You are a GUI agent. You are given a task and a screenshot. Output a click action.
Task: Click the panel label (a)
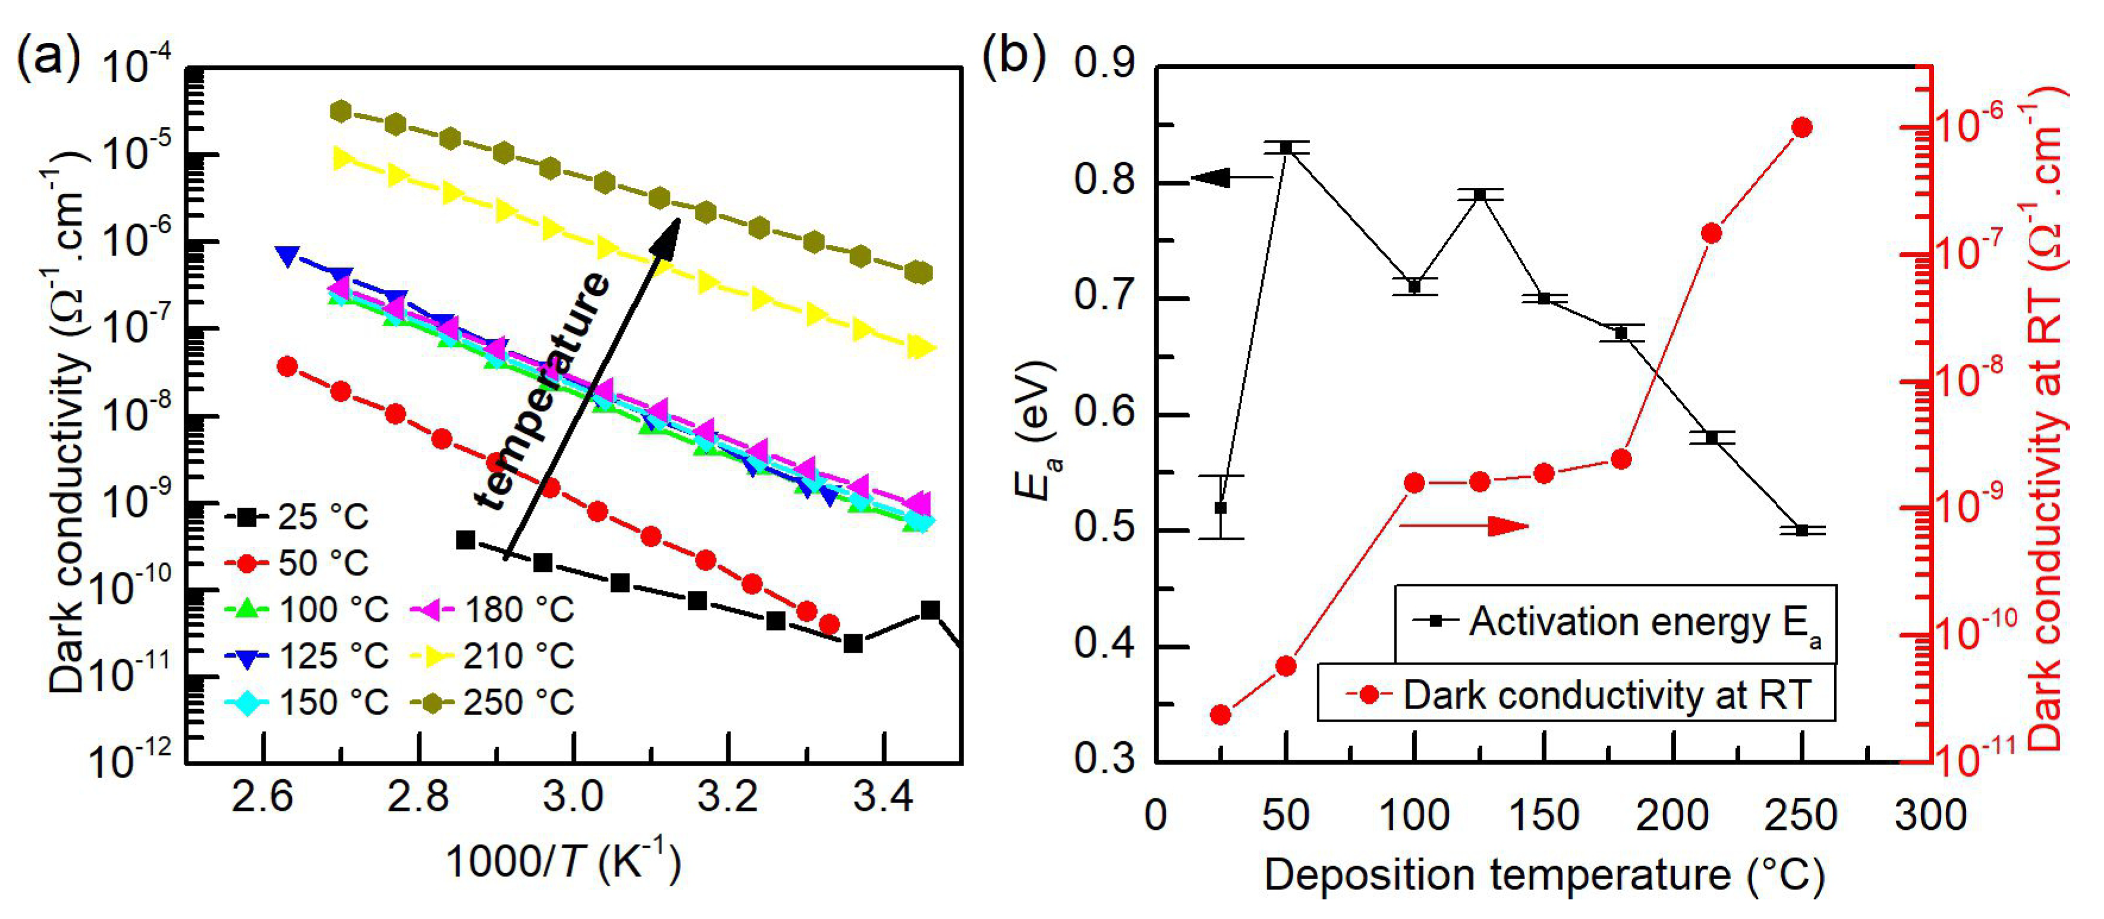(x=49, y=59)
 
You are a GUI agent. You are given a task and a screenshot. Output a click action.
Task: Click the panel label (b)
(x=1013, y=59)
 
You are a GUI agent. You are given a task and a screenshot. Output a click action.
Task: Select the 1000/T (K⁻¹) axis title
(x=563, y=862)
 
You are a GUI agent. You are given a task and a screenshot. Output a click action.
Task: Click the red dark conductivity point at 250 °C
(x=1802, y=127)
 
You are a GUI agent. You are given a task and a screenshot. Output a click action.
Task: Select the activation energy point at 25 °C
(x=1220, y=507)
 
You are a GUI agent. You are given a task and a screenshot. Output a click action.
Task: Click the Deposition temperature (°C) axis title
(x=1544, y=875)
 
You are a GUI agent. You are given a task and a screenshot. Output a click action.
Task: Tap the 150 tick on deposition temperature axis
(x=1543, y=815)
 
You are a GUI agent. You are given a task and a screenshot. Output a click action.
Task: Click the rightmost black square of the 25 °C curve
(x=930, y=610)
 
